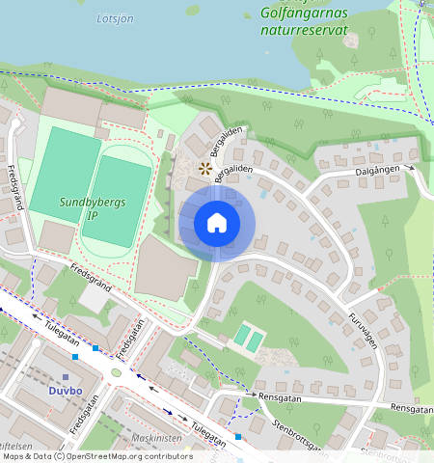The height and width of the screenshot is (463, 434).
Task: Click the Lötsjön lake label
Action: point(117,17)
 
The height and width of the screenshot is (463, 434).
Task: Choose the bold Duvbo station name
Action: point(66,391)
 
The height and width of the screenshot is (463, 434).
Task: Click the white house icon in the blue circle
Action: point(217,223)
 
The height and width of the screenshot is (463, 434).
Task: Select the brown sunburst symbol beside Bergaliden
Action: point(203,169)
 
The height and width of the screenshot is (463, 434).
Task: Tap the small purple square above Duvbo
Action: point(66,377)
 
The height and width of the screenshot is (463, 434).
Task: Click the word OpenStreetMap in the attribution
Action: point(127,456)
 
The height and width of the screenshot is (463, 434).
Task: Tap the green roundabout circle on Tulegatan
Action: point(117,372)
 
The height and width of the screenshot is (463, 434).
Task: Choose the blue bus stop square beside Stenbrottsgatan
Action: point(238,437)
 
